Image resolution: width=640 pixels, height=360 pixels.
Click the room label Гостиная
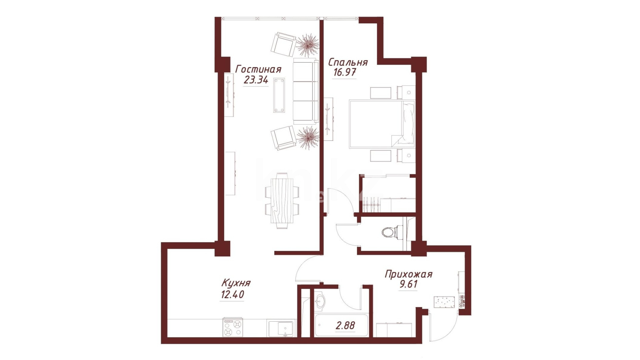click(258, 69)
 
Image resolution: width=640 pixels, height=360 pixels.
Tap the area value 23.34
click(256, 80)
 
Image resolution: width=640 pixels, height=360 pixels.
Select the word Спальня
click(348, 62)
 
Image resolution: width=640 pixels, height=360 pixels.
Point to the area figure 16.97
click(345, 72)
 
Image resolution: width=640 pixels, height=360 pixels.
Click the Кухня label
click(236, 283)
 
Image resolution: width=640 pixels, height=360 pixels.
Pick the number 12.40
click(232, 295)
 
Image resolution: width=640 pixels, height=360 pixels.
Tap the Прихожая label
click(408, 274)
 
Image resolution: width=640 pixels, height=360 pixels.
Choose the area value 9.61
click(408, 284)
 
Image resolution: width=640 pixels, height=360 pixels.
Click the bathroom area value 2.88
click(345, 326)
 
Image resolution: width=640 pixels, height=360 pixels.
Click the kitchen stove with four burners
click(233, 327)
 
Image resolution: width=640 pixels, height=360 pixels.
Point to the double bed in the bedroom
click(382, 124)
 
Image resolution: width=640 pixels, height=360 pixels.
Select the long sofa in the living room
click(305, 91)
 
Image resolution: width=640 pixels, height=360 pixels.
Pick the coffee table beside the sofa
click(279, 95)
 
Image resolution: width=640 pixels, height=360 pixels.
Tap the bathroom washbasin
click(320, 301)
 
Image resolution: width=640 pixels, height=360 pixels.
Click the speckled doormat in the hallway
click(444, 302)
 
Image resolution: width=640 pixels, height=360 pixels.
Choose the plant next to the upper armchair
click(307, 44)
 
